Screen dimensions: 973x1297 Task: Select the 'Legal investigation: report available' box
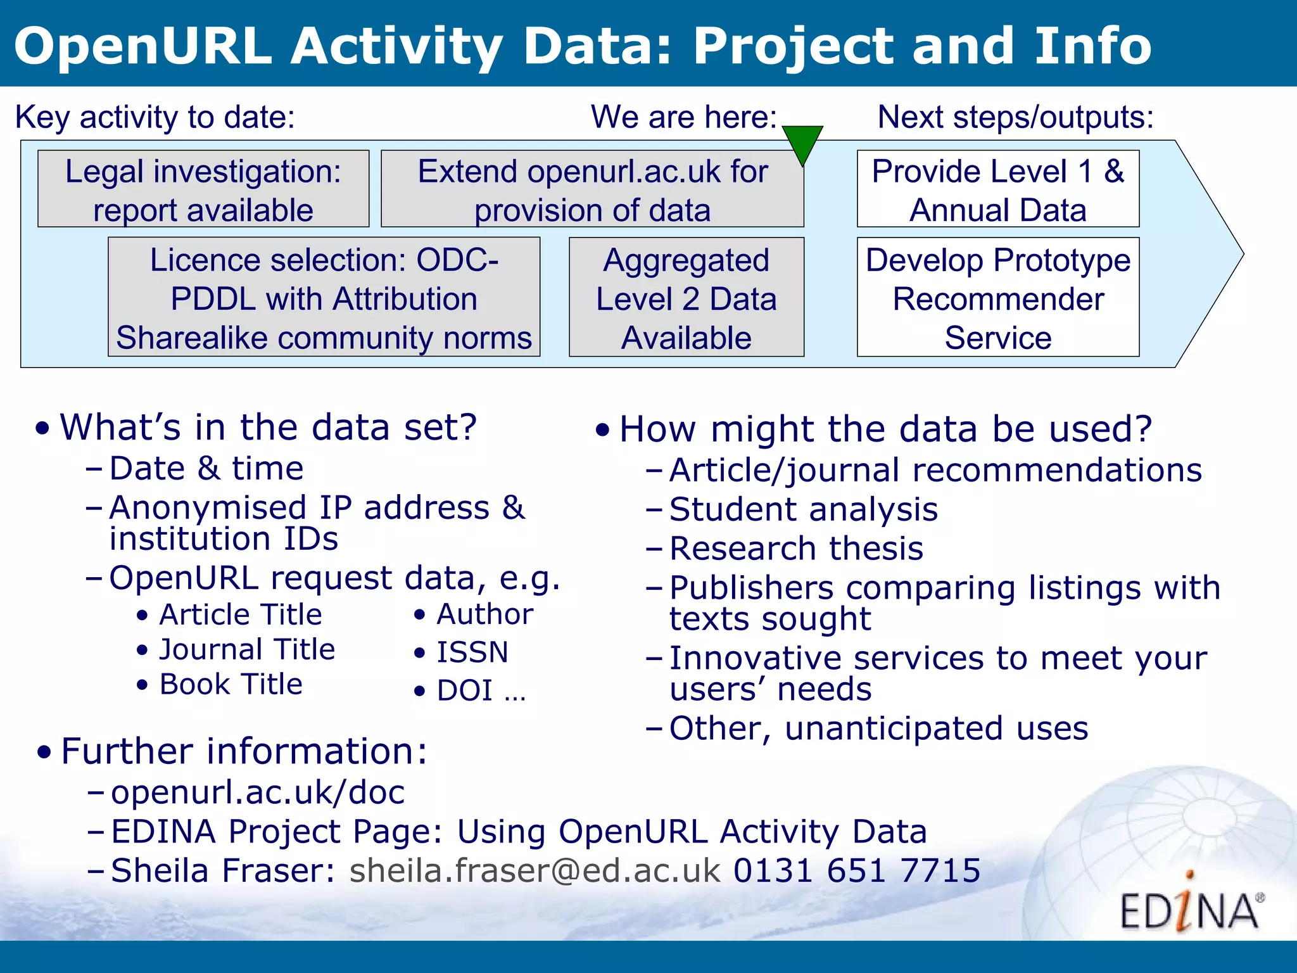pyautogui.click(x=203, y=189)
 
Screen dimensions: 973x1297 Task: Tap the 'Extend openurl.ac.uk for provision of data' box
pyautogui.click(x=592, y=189)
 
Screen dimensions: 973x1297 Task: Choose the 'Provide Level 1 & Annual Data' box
pyautogui.click(x=997, y=189)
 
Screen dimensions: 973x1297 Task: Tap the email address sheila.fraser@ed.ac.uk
pyautogui.click(x=535, y=870)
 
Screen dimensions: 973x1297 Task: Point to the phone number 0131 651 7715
pyautogui.click(x=857, y=870)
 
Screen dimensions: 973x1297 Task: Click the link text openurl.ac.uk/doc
pyautogui.click(x=258, y=792)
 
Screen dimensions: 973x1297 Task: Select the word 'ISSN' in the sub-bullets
pyautogui.click(x=472, y=652)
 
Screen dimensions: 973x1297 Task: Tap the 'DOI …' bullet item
pyautogui.click(x=481, y=690)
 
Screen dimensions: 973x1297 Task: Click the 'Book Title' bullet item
pyautogui.click(x=231, y=685)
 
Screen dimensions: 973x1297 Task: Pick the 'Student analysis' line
pyautogui.click(x=803, y=510)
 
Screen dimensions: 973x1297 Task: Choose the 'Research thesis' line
pyautogui.click(x=796, y=549)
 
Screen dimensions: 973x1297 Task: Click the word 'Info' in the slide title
pyautogui.click(x=1092, y=46)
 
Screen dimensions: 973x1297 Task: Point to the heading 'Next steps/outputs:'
pyautogui.click(x=1015, y=117)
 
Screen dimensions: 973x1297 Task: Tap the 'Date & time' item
pyautogui.click(x=206, y=469)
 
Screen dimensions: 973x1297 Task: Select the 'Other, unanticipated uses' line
pyautogui.click(x=878, y=728)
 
